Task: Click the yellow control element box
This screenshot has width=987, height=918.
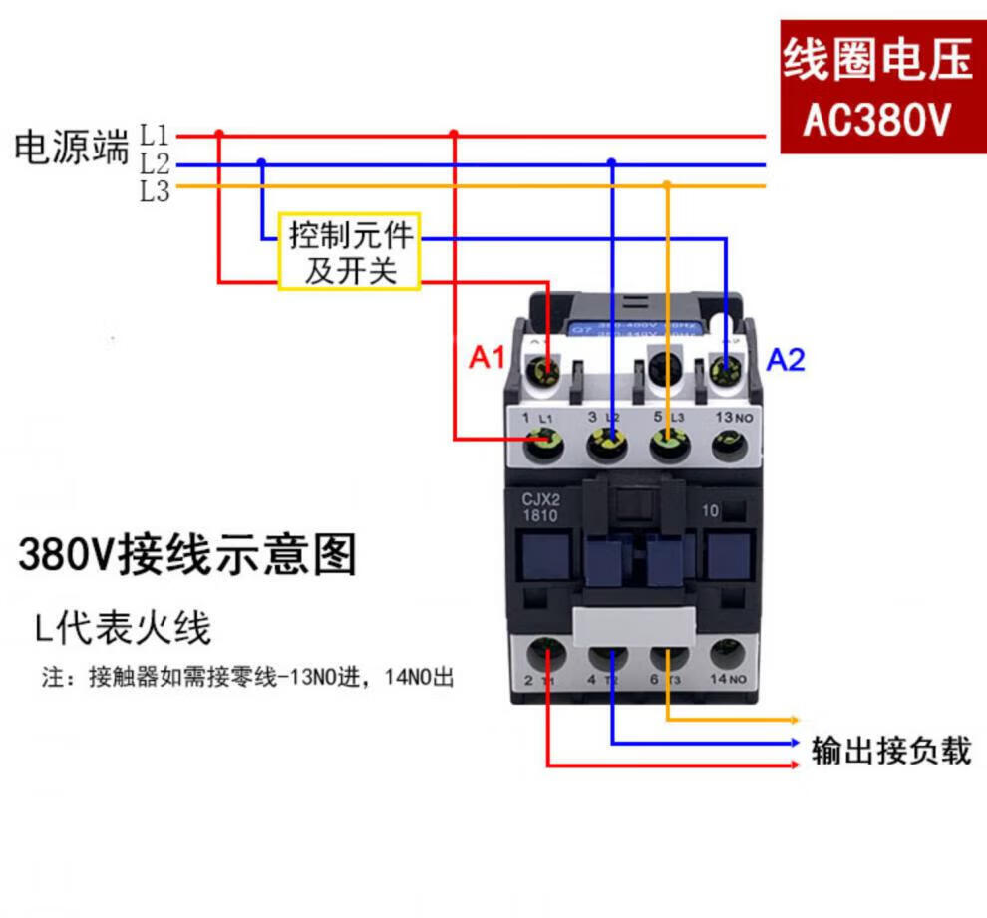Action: tap(349, 252)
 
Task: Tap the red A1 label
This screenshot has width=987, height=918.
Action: tap(488, 359)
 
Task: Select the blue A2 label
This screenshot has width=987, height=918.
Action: tap(785, 360)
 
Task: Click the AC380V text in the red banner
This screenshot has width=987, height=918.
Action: tap(877, 122)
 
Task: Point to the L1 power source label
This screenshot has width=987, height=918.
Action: tap(155, 134)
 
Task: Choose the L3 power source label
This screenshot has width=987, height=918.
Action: tap(155, 192)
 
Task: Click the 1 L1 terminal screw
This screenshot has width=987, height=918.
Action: tap(544, 441)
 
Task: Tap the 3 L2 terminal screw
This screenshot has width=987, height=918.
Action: tap(606, 441)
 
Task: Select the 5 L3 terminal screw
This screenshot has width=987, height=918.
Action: tap(667, 441)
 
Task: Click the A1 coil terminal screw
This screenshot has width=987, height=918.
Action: tap(545, 371)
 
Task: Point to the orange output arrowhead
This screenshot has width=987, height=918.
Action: tap(794, 719)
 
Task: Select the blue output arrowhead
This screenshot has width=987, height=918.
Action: tap(794, 743)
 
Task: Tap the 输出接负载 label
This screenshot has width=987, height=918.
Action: tap(891, 750)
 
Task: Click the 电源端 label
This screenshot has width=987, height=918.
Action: tap(72, 148)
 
